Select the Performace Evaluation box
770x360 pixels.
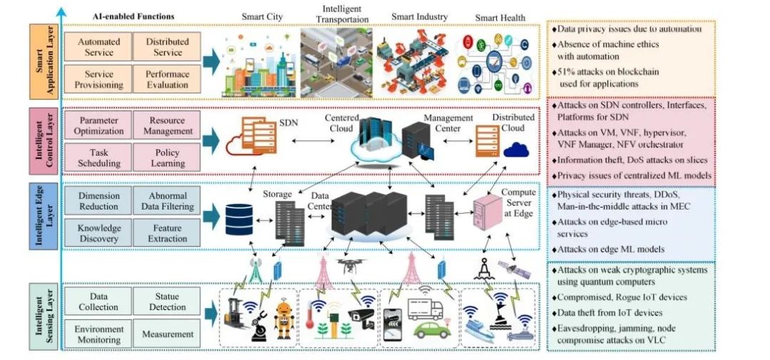(x=168, y=79)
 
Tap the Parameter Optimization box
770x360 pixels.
(x=99, y=125)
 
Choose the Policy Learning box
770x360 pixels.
(x=168, y=158)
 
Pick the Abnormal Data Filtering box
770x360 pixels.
(x=168, y=201)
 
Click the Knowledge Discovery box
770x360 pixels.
(x=98, y=233)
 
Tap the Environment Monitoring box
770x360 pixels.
(x=98, y=334)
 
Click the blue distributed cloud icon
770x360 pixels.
(x=515, y=150)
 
